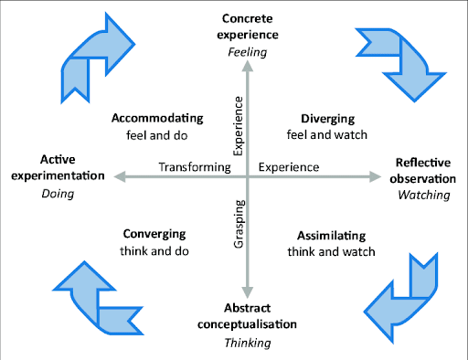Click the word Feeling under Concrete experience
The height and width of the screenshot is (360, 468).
coord(248,52)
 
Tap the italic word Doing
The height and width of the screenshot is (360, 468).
coord(58,194)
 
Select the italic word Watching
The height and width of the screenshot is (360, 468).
coord(424,195)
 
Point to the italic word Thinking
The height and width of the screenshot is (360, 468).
coord(248,343)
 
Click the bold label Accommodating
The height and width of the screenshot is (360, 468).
coord(157,118)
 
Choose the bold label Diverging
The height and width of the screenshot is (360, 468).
coord(327,119)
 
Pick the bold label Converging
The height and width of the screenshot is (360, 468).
coord(154,234)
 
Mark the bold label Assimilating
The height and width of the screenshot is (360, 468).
coord(331,236)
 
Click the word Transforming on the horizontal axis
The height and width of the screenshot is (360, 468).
coord(195,167)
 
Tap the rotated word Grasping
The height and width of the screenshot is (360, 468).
coord(239,224)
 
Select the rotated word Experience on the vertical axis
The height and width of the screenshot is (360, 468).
coord(238,126)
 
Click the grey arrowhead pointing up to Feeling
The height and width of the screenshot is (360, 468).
coord(248,66)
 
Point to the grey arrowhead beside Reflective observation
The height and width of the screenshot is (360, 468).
coord(375,176)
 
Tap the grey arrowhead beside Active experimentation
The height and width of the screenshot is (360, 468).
coord(120,176)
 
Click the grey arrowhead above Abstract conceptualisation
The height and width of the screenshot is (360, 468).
coord(248,292)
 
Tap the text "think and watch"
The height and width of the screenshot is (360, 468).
coord(331,252)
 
